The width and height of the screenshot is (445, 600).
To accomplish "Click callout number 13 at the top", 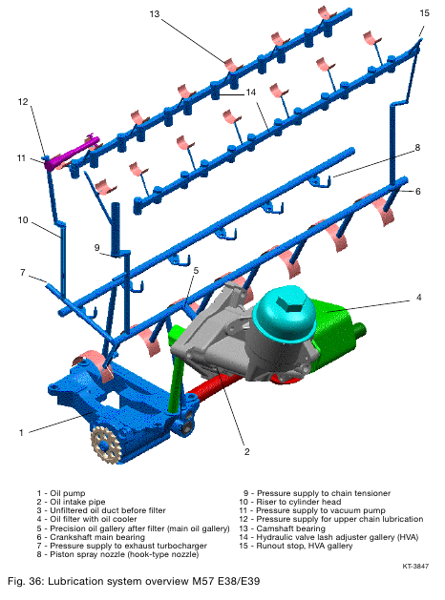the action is (155, 14).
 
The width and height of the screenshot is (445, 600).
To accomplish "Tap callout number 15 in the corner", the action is (424, 13).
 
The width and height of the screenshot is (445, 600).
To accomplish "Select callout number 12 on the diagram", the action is (23, 101).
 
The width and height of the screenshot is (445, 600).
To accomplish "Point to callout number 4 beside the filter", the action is (418, 298).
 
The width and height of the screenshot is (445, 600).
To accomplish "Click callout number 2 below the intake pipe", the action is (247, 452).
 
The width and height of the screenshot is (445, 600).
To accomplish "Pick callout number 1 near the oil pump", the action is (21, 433).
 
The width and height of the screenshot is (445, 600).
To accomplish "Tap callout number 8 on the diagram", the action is (417, 148).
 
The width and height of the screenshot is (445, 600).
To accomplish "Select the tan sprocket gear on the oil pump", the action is (106, 445).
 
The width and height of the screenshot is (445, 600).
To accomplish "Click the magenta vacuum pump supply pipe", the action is (72, 153).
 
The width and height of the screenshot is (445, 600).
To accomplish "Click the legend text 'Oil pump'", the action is (68, 493).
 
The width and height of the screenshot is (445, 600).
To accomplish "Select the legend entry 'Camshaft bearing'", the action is (290, 528).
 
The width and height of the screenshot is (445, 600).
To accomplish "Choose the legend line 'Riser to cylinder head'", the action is (298, 502).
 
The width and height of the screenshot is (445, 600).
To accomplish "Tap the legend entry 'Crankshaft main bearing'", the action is (97, 537).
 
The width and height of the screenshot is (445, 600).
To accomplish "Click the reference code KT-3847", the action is (415, 566).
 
